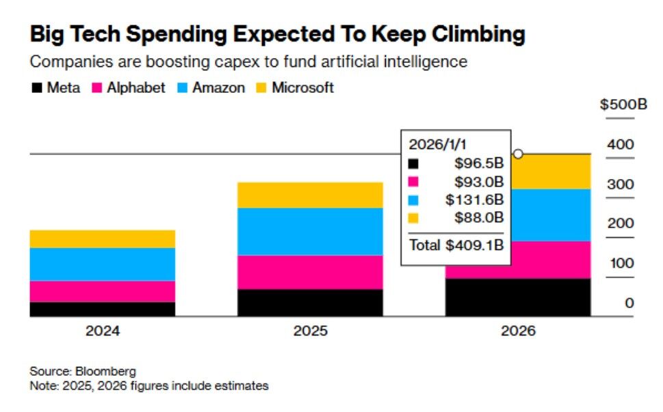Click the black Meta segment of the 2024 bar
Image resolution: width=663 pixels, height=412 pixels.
tap(103, 309)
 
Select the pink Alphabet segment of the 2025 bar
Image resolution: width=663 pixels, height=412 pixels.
tap(310, 272)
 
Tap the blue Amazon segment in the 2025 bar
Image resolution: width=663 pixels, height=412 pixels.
tap(310, 232)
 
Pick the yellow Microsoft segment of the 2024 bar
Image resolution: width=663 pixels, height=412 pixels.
tap(103, 238)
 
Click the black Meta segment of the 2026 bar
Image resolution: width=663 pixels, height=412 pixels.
tap(517, 297)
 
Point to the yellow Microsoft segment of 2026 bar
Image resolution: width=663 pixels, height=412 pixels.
tap(551, 171)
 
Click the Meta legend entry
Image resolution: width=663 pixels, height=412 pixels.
tap(56, 87)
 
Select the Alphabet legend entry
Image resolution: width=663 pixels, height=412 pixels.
tap(129, 87)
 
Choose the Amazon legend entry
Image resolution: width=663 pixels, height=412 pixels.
tap(211, 87)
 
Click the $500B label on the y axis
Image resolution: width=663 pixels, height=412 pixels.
tap(623, 105)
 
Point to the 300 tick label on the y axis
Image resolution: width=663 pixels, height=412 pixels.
tap(621, 184)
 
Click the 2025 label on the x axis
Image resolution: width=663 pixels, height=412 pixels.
tap(310, 331)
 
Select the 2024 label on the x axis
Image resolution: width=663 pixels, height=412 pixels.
tap(103, 331)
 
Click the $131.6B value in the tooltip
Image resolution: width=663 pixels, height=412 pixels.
tap(475, 200)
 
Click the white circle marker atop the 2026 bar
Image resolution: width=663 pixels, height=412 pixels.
tap(518, 154)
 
